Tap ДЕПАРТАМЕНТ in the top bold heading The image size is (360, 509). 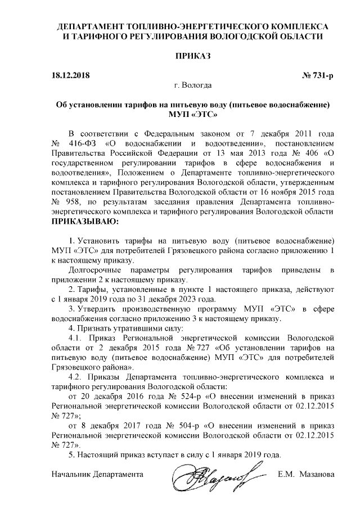coord(94,27)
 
